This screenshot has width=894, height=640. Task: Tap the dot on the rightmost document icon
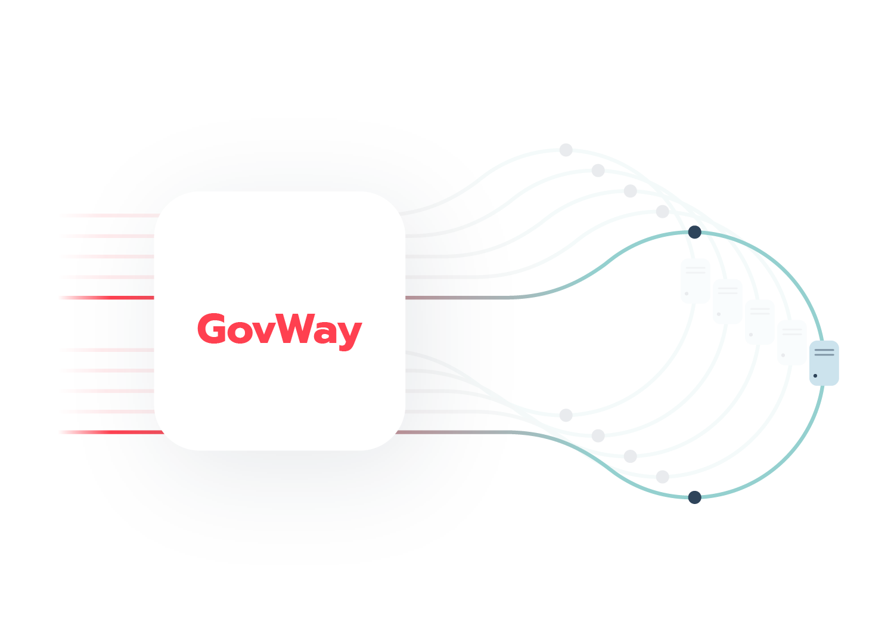pos(815,376)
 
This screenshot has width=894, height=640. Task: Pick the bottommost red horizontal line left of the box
pos(119,431)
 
